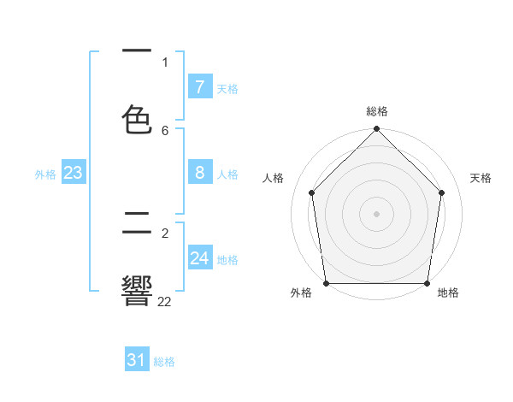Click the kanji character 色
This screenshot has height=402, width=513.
click(x=138, y=119)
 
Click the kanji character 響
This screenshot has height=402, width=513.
click(x=138, y=290)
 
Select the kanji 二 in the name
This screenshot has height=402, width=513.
click(x=138, y=224)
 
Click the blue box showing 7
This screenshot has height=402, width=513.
click(x=199, y=87)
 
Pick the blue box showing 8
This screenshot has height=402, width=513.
click(x=199, y=173)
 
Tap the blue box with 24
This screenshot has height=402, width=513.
click(x=199, y=258)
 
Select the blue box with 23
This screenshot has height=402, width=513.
click(x=74, y=173)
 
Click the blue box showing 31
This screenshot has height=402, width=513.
click(x=137, y=361)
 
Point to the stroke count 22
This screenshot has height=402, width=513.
click(x=165, y=301)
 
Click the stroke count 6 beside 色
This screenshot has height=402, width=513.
click(x=165, y=130)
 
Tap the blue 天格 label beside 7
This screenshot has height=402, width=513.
click(x=227, y=89)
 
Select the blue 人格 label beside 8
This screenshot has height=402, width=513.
click(x=227, y=174)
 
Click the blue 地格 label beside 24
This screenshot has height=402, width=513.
click(x=227, y=260)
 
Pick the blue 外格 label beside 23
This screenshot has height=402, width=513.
click(x=45, y=174)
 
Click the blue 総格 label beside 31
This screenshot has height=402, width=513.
click(x=164, y=363)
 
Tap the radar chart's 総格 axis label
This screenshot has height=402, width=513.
click(x=377, y=111)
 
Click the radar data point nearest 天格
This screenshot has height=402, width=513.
click(x=442, y=192)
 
